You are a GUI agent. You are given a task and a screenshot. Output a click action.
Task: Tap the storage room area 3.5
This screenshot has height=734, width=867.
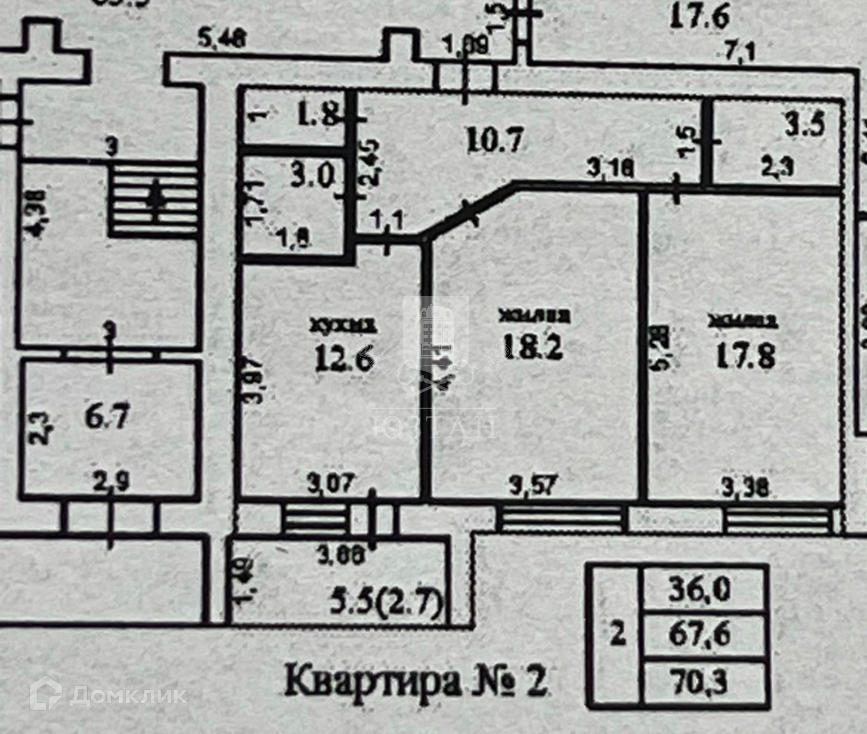(811, 125)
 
